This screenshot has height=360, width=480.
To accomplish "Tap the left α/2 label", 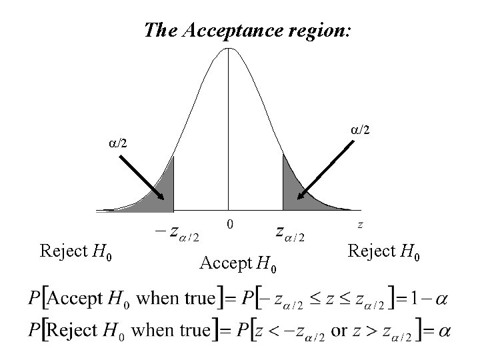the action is click(120, 142).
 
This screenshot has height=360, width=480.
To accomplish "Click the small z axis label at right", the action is click(361, 224).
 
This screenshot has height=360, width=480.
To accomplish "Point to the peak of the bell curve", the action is click(228, 51).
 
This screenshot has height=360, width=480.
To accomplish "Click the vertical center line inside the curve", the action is click(229, 133).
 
